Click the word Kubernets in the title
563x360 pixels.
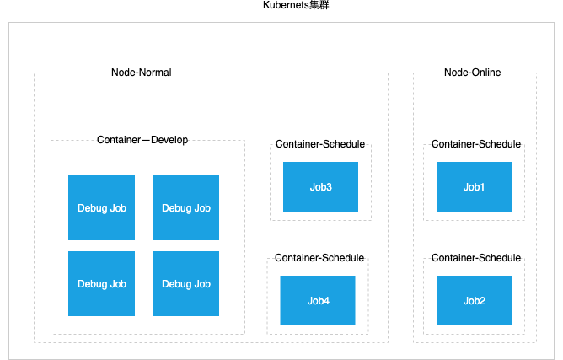click(286, 5)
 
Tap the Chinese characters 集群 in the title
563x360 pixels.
click(319, 5)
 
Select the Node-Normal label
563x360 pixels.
click(142, 73)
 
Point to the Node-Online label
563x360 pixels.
click(473, 73)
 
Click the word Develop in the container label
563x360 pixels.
click(169, 140)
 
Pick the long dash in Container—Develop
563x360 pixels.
click(146, 140)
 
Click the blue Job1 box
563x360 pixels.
click(474, 186)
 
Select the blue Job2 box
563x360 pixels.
click(474, 300)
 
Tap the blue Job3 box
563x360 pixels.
click(320, 186)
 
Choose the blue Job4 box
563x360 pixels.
click(318, 300)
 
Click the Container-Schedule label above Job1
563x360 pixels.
click(476, 144)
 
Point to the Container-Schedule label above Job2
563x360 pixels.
click(476, 258)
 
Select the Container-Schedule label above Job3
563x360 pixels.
click(320, 144)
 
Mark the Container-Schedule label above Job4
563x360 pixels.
click(319, 258)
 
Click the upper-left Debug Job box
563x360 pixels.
click(102, 207)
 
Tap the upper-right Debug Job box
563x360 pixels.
click(185, 207)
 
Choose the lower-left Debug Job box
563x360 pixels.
click(102, 283)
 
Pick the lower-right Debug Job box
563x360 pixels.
click(185, 283)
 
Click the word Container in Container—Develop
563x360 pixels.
click(119, 140)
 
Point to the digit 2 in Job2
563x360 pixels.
click(482, 301)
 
